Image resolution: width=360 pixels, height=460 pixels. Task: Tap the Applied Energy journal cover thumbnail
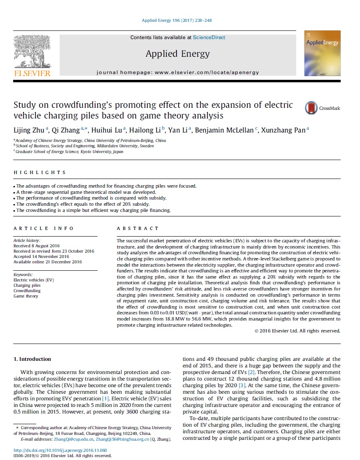(x=322, y=53)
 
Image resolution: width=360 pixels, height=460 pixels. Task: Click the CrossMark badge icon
(x=311, y=108)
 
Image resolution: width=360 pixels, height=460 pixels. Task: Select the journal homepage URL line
(x=178, y=72)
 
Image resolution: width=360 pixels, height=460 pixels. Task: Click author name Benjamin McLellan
(x=225, y=130)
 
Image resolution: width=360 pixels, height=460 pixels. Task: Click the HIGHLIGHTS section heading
(x=39, y=172)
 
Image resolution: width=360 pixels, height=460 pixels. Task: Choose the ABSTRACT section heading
(x=137, y=228)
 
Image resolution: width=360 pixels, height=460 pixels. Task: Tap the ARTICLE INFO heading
(x=44, y=228)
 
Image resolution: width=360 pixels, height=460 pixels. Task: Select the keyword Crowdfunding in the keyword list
(x=27, y=290)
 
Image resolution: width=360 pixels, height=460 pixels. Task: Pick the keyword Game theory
(x=26, y=296)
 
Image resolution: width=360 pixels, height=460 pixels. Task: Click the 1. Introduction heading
(x=32, y=359)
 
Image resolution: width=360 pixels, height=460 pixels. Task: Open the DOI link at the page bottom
(x=60, y=450)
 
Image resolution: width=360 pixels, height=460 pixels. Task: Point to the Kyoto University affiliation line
(x=68, y=151)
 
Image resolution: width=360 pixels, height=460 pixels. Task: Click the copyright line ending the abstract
(x=297, y=330)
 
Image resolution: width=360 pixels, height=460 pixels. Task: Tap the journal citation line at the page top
(x=177, y=20)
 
